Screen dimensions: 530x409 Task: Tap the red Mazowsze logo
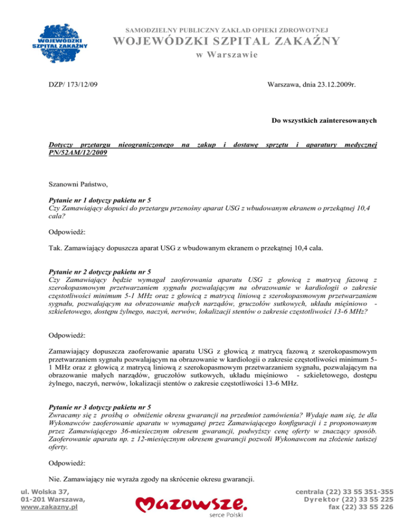(190, 504)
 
